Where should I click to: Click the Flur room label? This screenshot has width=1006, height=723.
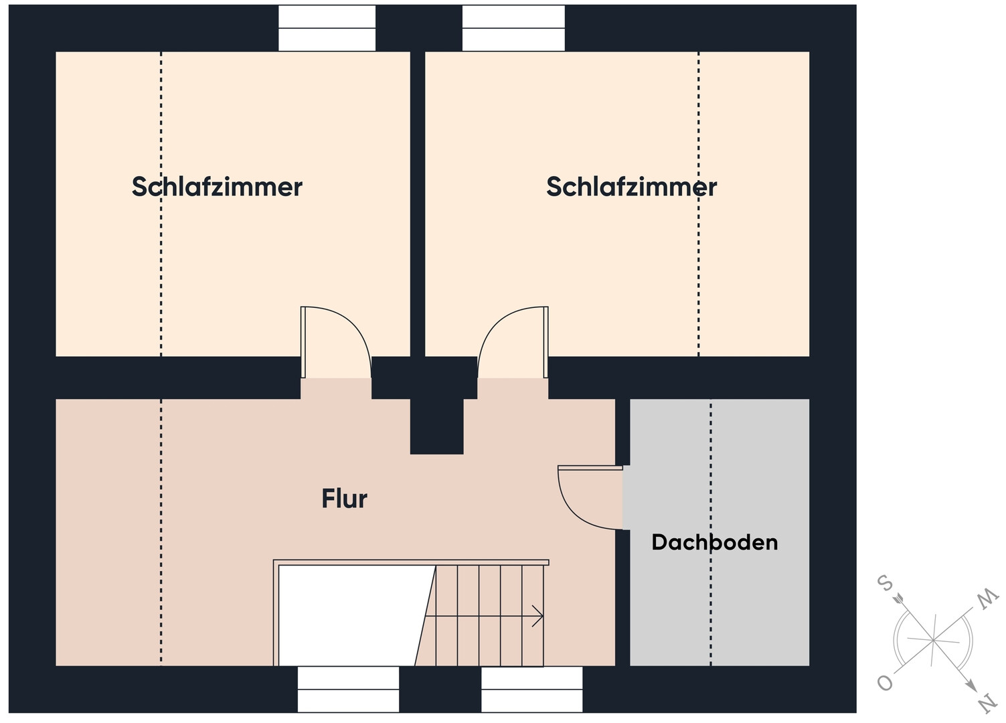(x=345, y=499)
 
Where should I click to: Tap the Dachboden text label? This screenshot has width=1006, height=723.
(x=715, y=542)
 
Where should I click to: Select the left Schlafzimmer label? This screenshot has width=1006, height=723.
(x=217, y=187)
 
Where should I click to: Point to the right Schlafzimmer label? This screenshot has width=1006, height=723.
(x=631, y=187)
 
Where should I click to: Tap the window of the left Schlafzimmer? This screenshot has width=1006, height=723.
(x=327, y=28)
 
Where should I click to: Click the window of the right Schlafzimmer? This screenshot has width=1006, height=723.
(x=513, y=28)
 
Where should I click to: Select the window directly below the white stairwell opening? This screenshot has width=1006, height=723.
(x=348, y=689)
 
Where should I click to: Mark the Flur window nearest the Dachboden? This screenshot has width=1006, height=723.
(x=531, y=689)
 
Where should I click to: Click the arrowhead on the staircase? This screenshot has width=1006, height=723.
(x=538, y=616)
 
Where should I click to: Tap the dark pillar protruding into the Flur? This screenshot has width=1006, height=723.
(x=436, y=426)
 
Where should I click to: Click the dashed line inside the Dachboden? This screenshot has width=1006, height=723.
(x=710, y=532)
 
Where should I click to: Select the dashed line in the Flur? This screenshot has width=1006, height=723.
(x=161, y=532)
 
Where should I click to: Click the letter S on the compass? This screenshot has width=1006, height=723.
(x=885, y=583)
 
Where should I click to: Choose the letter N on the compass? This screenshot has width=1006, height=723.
(x=988, y=704)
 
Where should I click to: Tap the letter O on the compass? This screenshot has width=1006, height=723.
(x=885, y=684)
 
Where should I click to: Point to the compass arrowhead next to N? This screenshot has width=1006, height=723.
(x=971, y=686)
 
